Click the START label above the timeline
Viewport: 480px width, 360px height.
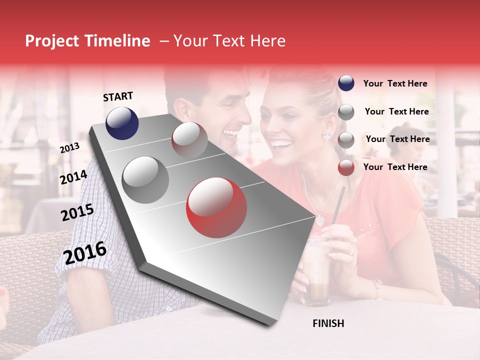(118, 96)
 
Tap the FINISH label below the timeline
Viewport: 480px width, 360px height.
(328, 323)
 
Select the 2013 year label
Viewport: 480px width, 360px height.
(69, 148)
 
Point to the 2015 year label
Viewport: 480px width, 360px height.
(77, 213)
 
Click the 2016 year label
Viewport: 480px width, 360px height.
(85, 253)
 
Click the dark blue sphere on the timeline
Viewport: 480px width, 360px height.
(122, 123)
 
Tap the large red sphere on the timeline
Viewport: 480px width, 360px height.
(216, 207)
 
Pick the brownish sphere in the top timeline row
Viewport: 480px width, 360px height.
(189, 139)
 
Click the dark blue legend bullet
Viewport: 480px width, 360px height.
(346, 83)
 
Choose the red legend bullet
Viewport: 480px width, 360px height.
(346, 167)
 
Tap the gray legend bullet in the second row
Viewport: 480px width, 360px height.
(346, 112)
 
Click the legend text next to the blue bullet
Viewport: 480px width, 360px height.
(395, 83)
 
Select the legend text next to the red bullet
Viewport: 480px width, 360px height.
(395, 167)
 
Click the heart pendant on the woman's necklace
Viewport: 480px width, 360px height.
(319, 219)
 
